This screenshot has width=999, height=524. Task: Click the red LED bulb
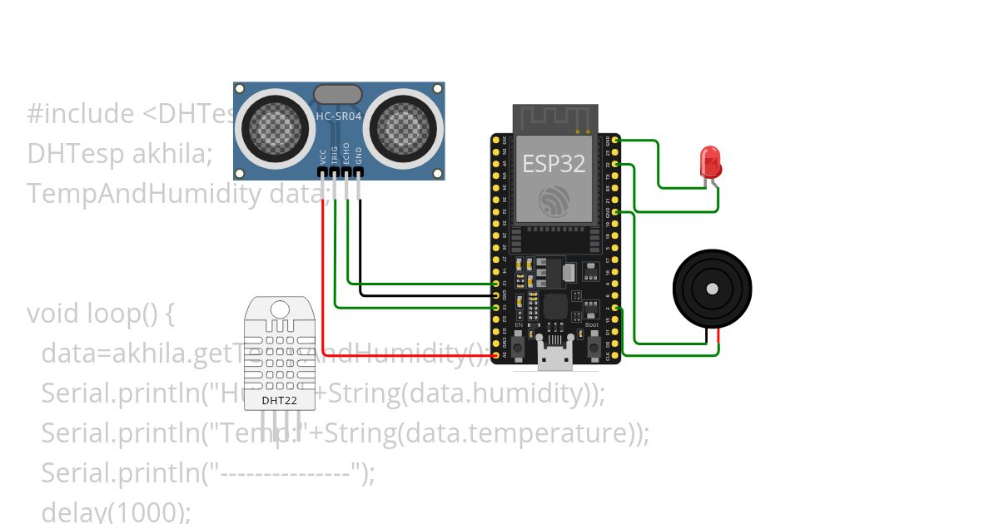pyautogui.click(x=710, y=161)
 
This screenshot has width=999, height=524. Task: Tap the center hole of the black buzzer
pyautogui.click(x=712, y=289)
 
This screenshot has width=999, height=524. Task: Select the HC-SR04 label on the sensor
pyautogui.click(x=339, y=116)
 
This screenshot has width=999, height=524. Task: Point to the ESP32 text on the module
pyautogui.click(x=553, y=163)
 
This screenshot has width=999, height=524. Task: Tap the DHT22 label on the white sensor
pyautogui.click(x=279, y=400)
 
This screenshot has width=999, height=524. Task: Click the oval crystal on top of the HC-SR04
pyautogui.click(x=337, y=94)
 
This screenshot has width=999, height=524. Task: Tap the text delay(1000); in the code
pyautogui.click(x=116, y=511)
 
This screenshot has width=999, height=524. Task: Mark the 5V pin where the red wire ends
pyautogui.click(x=496, y=355)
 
